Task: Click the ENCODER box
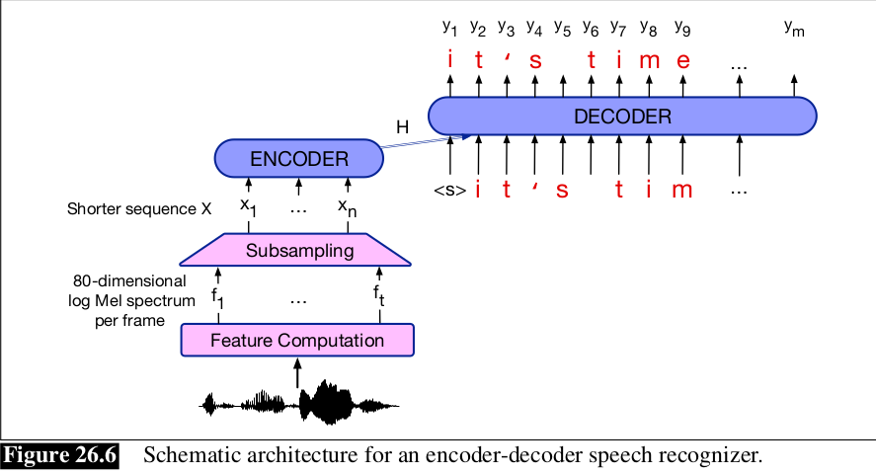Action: pyautogui.click(x=298, y=158)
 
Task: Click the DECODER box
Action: pyautogui.click(x=622, y=117)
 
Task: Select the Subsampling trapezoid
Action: pyautogui.click(x=297, y=250)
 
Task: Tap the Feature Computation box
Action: pyautogui.click(x=297, y=340)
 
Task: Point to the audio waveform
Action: pyautogui.click(x=300, y=403)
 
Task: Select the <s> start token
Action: pyautogui.click(x=449, y=191)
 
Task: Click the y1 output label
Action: pyautogui.click(x=450, y=27)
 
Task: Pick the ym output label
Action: pyautogui.click(x=794, y=28)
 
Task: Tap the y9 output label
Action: pyautogui.click(x=682, y=27)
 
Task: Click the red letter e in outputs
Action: pyautogui.click(x=682, y=61)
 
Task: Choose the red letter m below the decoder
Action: pyautogui.click(x=682, y=190)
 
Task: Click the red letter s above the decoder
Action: pyautogui.click(x=535, y=61)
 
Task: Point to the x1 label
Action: pyautogui.click(x=249, y=208)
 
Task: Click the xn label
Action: pyautogui.click(x=347, y=208)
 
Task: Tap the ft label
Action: pyautogui.click(x=379, y=294)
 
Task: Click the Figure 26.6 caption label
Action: pyautogui.click(x=61, y=456)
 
